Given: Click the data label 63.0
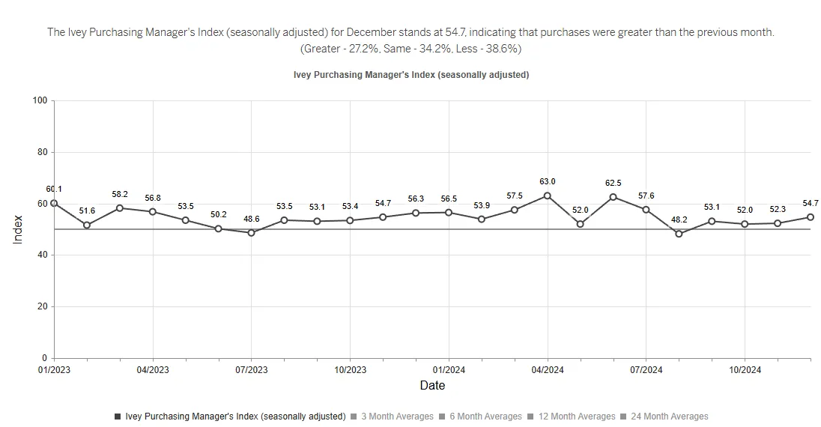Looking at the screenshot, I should click(548, 181).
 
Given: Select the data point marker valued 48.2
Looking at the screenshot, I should click(679, 234).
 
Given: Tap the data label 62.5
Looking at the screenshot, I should click(613, 183).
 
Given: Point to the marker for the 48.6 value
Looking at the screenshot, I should click(251, 233).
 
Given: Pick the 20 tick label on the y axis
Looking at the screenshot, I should click(42, 306).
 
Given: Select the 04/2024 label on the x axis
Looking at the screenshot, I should click(548, 370).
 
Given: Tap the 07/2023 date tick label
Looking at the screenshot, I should click(251, 370).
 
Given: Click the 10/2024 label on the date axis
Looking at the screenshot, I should click(745, 370).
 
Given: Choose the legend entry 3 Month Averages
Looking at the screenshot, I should click(397, 417).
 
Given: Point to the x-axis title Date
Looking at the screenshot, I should click(432, 386).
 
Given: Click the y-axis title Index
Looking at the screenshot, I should click(19, 229).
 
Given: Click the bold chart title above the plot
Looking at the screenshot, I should click(411, 75).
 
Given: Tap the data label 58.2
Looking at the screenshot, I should click(120, 194).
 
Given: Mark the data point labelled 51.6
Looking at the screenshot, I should click(87, 225).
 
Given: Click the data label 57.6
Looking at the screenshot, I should click(646, 196).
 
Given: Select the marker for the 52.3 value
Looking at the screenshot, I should click(778, 223).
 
